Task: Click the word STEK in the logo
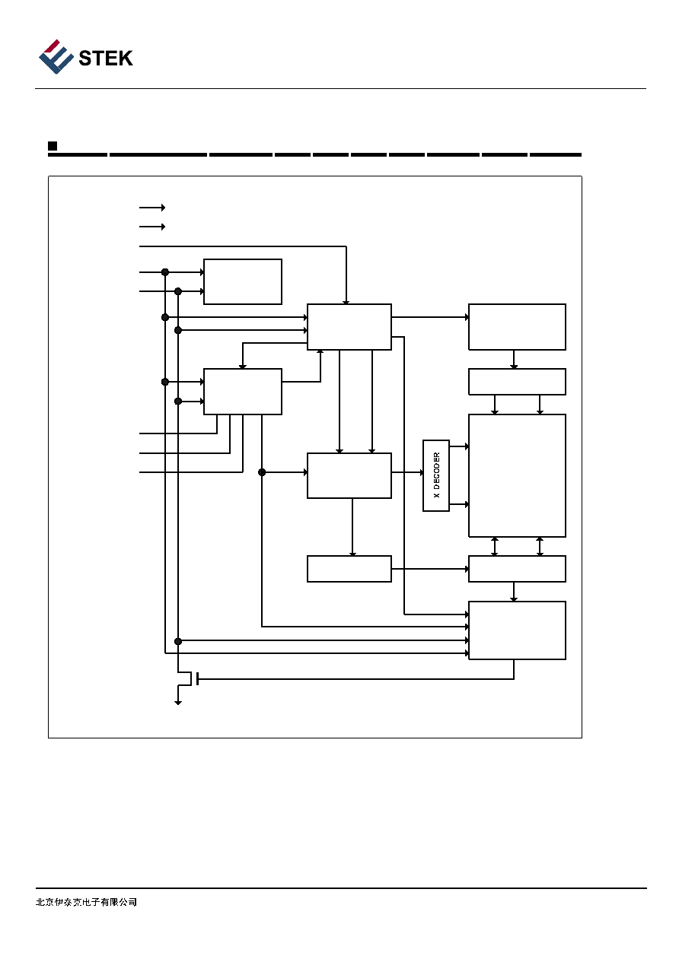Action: [106, 59]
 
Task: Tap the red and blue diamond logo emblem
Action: [56, 56]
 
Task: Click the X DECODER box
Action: [436, 475]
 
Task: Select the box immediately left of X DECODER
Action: [349, 475]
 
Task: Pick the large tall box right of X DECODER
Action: [517, 475]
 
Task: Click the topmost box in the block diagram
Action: [243, 281]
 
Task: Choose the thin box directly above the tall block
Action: [517, 382]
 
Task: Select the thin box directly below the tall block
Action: [517, 569]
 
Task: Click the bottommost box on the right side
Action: [517, 630]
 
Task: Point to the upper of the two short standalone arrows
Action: [152, 208]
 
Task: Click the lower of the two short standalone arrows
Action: [152, 227]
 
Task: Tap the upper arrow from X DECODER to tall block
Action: [459, 446]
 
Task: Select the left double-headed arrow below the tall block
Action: [494, 546]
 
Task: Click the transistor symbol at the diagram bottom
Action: [189, 678]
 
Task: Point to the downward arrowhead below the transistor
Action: [178, 703]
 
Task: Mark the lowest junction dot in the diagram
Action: [178, 641]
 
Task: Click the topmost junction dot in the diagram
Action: [165, 272]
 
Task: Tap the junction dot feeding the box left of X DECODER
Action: [262, 472]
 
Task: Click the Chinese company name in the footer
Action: [86, 902]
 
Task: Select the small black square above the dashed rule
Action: [53, 146]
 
